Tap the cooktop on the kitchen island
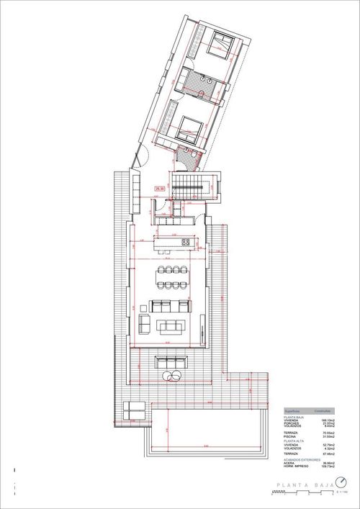point(185,242)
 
